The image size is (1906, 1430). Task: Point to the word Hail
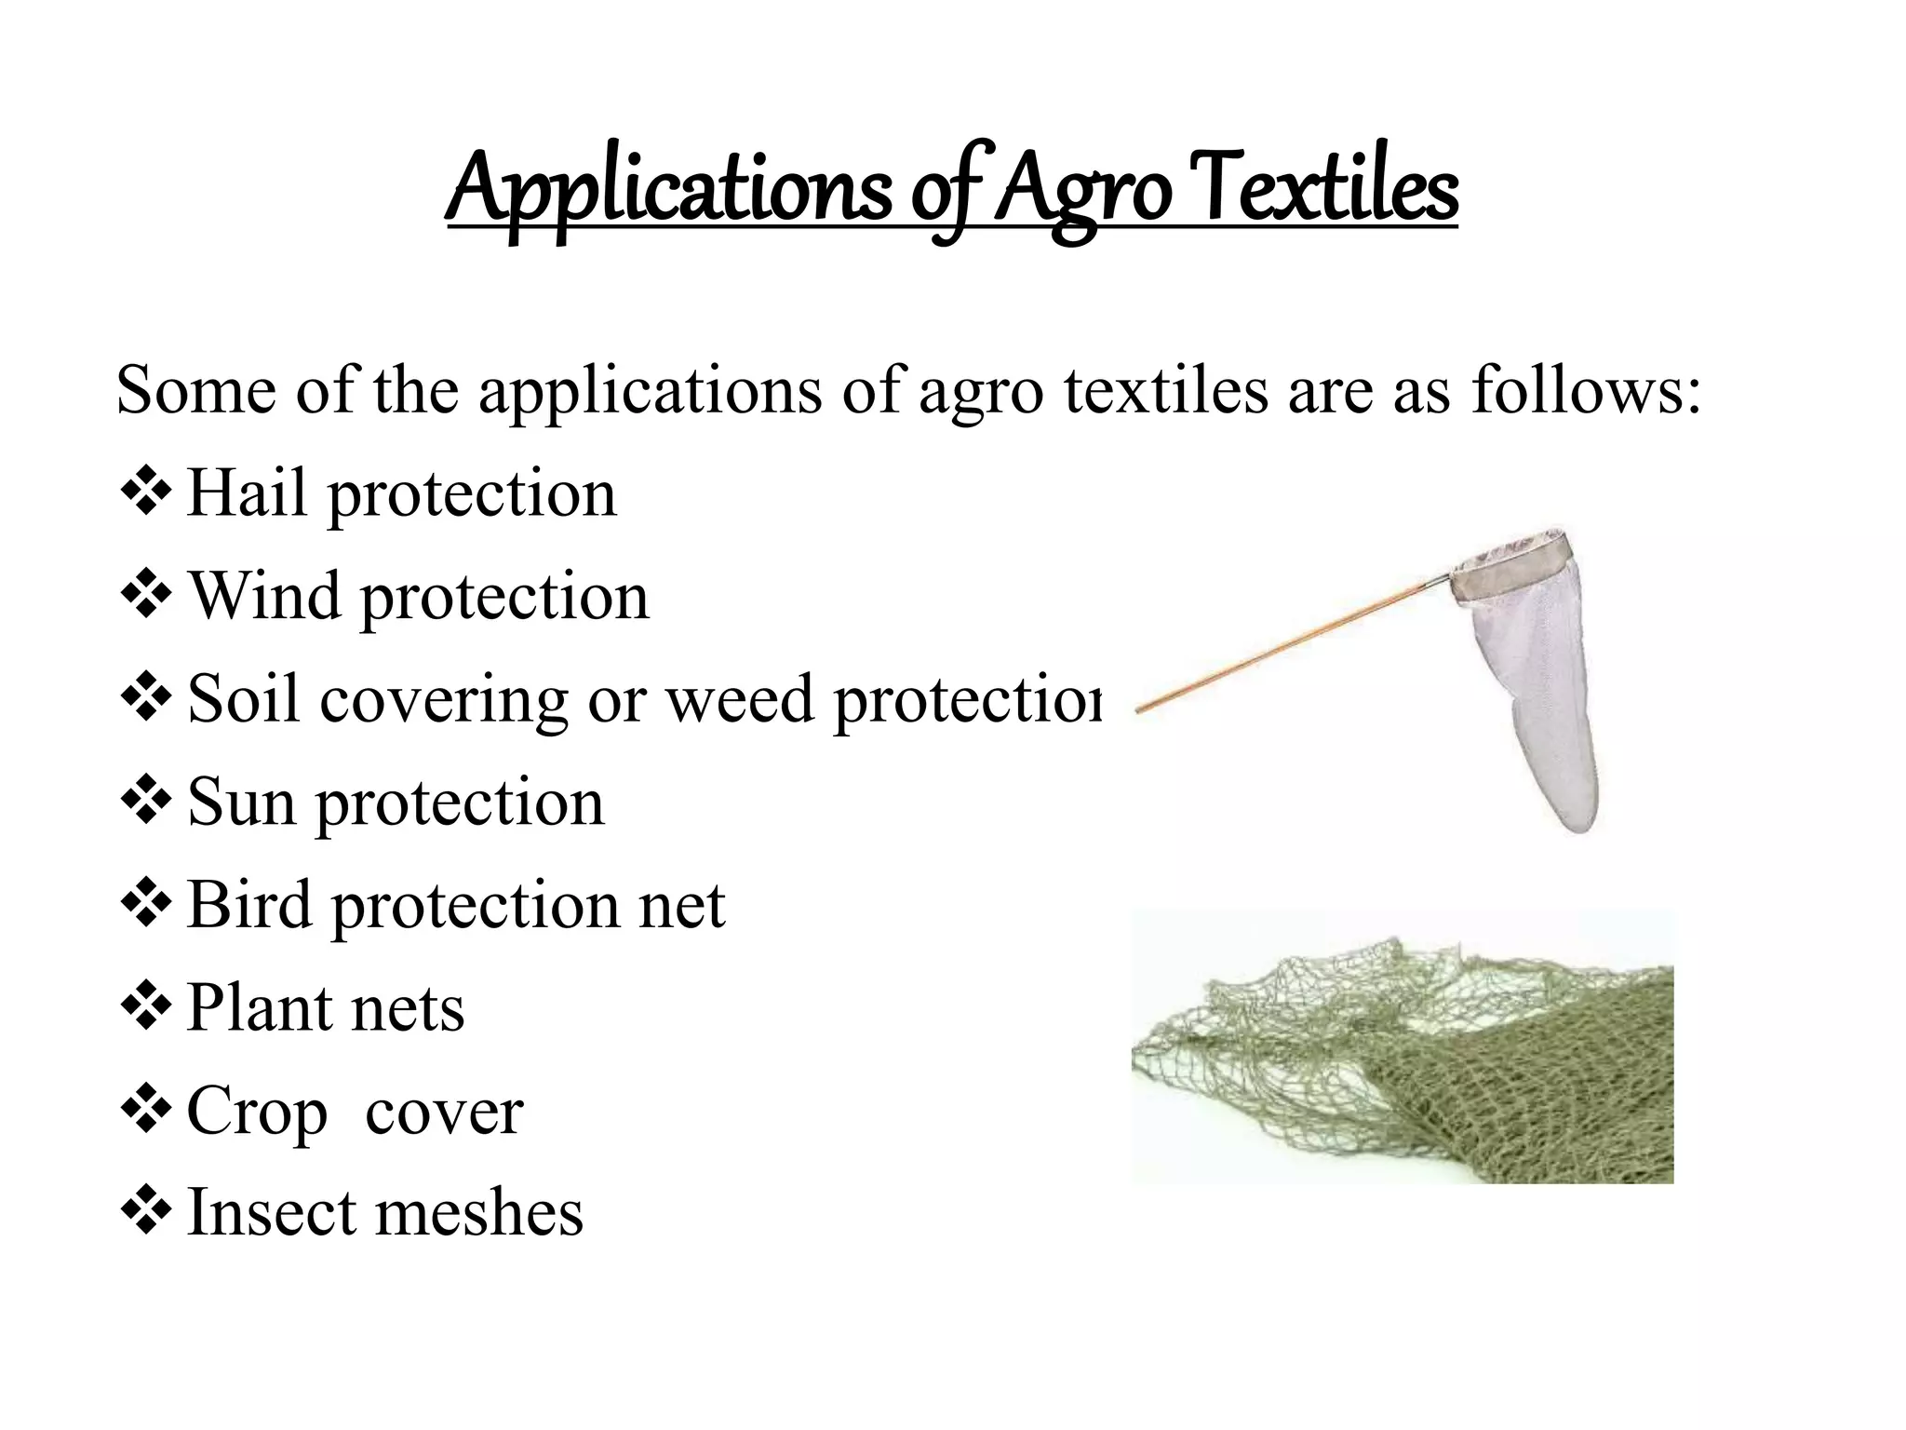[247, 492]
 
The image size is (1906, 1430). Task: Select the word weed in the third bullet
[739, 699]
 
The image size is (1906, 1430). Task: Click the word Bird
[248, 904]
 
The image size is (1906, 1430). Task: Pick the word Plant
[259, 1007]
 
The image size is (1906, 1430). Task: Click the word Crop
[257, 1112]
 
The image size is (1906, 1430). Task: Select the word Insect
[269, 1213]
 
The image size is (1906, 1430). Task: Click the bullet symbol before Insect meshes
[146, 1211]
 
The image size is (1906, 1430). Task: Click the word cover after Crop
[444, 1112]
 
